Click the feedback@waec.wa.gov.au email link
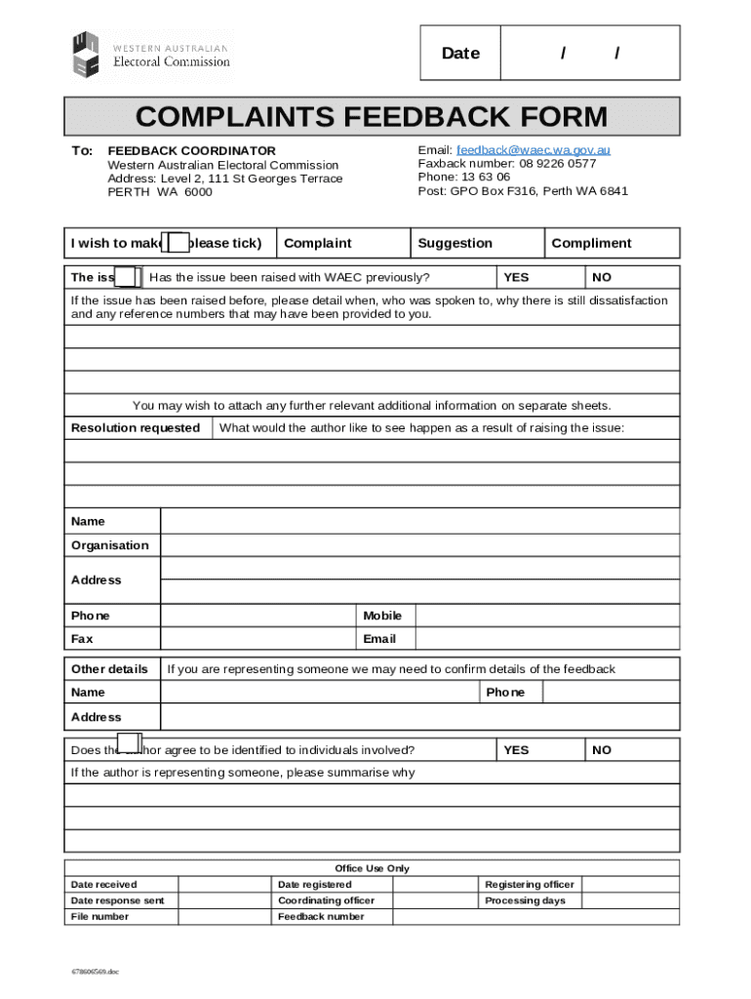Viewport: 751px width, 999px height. coord(534,150)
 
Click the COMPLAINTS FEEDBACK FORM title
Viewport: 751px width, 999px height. coord(372,117)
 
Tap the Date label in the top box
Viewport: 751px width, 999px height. coord(460,54)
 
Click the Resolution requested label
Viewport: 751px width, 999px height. coord(136,428)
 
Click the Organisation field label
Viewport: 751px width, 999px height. coord(110,545)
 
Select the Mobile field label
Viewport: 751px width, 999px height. coord(382,616)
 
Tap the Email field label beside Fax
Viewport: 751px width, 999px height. coord(379,639)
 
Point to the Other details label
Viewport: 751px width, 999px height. coord(109,669)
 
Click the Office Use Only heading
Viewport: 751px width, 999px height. coord(372,868)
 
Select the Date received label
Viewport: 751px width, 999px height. coord(103,885)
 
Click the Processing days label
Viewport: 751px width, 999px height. coord(525,900)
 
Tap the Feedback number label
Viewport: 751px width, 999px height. coord(321,917)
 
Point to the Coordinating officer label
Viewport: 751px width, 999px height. coord(326,900)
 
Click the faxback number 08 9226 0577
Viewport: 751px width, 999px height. coord(558,164)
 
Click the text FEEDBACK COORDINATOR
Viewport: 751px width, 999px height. coord(191,151)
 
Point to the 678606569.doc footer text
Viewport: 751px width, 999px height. coord(94,973)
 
